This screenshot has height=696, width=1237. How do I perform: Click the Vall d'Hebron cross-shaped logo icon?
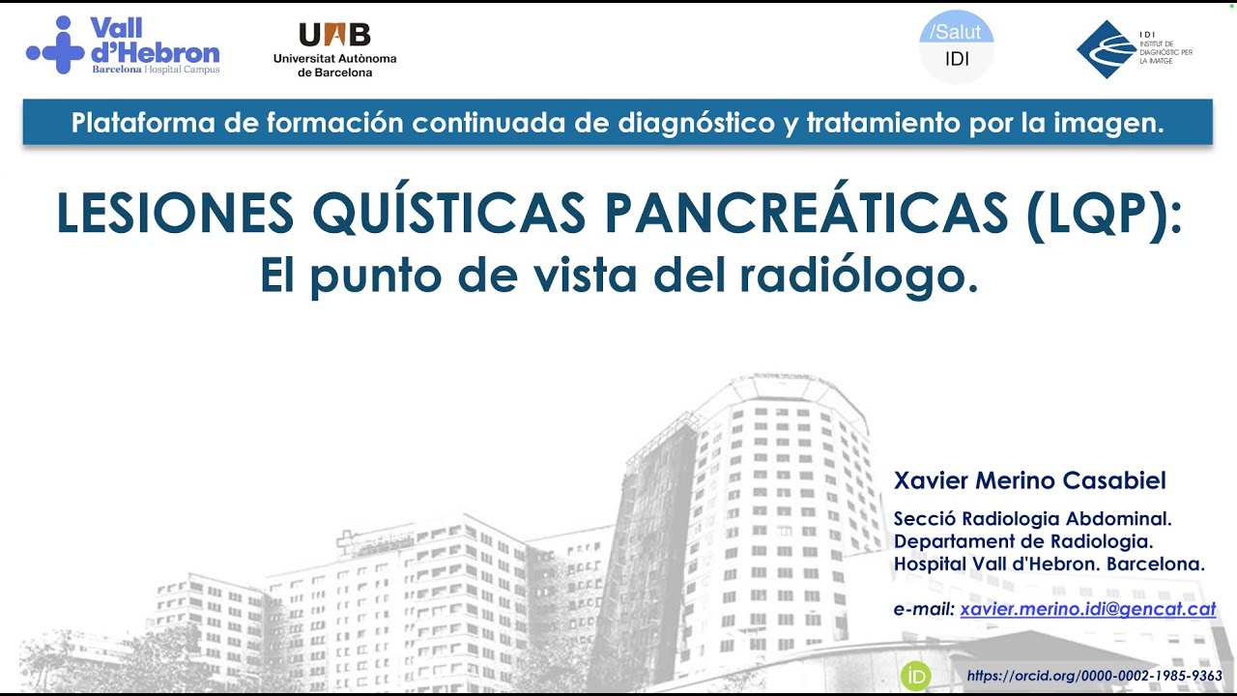click(56, 45)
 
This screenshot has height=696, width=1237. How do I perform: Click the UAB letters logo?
click(334, 35)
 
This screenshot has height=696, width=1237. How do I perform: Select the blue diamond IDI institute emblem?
click(1107, 48)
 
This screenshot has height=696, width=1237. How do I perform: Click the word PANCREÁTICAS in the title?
click(806, 214)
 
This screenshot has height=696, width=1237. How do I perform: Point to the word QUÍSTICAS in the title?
click(449, 214)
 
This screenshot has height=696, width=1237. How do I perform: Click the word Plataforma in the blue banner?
click(130, 123)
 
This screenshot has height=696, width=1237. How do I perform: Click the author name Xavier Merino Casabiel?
click(1029, 480)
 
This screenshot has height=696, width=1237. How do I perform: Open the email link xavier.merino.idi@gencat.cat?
click(1087, 609)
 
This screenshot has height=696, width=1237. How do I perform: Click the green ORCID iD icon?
click(915, 676)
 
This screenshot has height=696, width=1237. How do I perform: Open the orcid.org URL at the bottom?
click(1094, 676)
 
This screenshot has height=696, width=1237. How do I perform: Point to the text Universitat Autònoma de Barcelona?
click(334, 65)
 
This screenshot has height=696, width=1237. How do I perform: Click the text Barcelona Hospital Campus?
click(155, 70)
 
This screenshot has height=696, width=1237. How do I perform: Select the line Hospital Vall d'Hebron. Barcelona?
click(1049, 564)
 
